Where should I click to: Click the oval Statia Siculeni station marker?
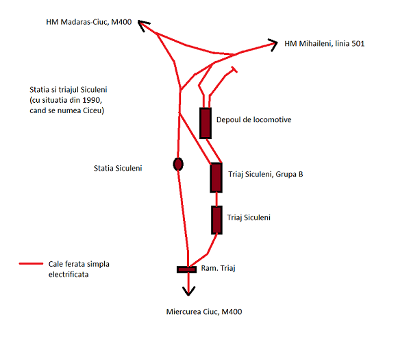tap(178, 164)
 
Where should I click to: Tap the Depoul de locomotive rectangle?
tap(206, 123)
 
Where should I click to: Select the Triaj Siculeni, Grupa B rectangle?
tap(216, 178)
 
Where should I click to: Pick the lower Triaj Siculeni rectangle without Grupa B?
tap(216, 219)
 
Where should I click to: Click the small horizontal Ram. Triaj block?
tap(187, 269)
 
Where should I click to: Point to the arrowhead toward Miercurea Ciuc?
tap(187, 290)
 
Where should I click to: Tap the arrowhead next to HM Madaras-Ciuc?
tap(143, 25)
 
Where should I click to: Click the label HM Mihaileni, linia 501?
tap(324, 44)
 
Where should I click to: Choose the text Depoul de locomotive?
tap(254, 120)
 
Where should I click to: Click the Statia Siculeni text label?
tap(118, 168)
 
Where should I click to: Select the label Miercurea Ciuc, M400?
tap(204, 312)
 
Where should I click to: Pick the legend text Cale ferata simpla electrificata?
tap(79, 268)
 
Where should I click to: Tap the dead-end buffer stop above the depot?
tap(234, 69)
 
